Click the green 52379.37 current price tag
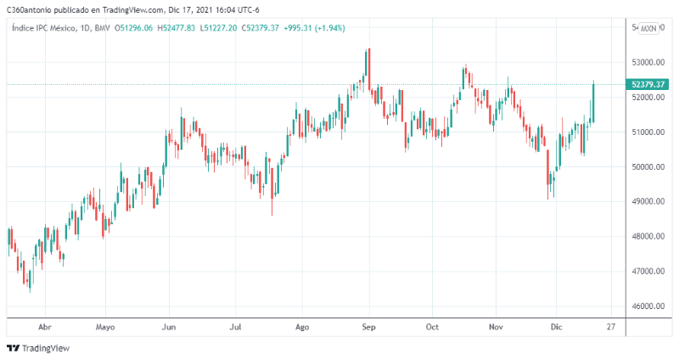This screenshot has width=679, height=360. coord(648,84)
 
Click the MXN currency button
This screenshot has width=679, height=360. coord(648,28)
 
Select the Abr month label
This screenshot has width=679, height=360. coord(46,326)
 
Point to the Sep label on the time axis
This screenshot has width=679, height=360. coord(368,326)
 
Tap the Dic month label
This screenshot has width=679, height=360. coord(557,326)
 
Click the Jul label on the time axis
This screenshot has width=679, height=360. coord(235,326)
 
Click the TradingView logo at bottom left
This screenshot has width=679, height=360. coord(38,347)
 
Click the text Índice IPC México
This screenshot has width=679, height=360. coord(42,28)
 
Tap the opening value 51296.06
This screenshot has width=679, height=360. coord(135,28)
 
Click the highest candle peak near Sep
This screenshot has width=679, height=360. coord(368,51)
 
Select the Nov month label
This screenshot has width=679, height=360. coord(496,326)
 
